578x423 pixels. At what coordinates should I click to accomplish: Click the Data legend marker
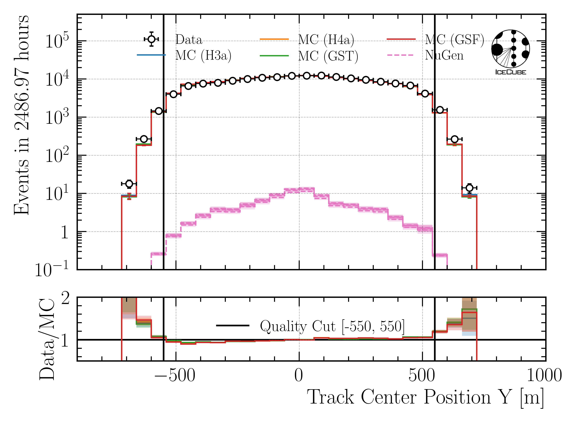152,39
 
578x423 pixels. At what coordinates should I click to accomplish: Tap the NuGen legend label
444,55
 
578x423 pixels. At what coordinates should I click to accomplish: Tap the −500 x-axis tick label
175,376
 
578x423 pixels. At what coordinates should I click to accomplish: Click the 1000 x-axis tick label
544,376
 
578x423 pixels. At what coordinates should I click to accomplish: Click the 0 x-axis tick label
298,376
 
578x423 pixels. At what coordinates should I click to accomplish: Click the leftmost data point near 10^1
129,184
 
